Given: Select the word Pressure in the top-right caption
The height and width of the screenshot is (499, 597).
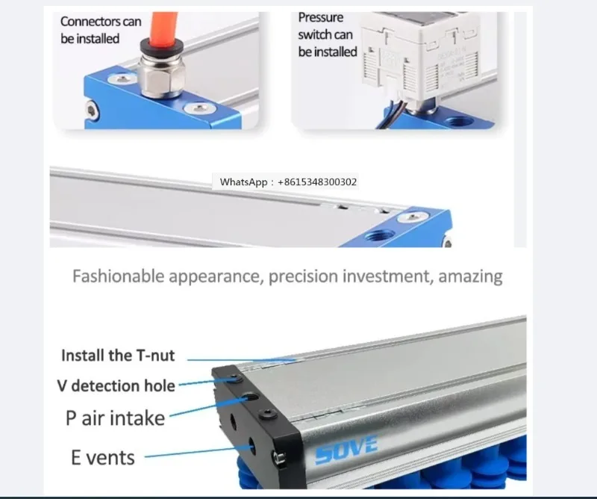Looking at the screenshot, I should [321, 16].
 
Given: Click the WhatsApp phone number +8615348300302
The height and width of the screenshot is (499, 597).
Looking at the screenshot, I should [318, 182].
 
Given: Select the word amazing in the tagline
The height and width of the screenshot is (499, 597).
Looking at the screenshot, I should [470, 276].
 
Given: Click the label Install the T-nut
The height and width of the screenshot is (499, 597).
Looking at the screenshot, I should [118, 356].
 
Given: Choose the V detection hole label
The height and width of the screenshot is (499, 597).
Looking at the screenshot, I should [116, 386].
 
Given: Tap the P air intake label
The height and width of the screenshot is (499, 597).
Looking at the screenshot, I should [115, 417].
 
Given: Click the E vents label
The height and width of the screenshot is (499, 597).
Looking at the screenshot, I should [103, 456].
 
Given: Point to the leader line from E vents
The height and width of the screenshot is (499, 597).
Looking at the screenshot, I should [194, 453].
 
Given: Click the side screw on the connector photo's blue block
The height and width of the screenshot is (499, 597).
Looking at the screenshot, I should [92, 110].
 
